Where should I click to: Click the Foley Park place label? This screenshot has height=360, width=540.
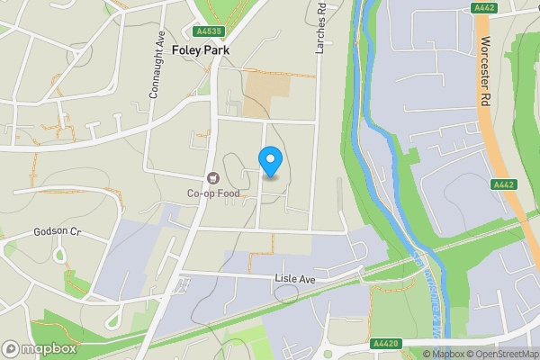pyautogui.click(x=200, y=51)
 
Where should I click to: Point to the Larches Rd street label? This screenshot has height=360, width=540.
pyautogui.click(x=319, y=28)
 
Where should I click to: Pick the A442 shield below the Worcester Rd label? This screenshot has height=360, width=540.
pyautogui.click(x=503, y=184)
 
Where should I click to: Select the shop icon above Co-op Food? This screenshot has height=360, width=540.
pyautogui.click(x=213, y=178)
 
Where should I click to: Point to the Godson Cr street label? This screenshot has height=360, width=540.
pyautogui.click(x=58, y=231)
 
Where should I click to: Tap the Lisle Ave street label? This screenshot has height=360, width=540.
pyautogui.click(x=298, y=279)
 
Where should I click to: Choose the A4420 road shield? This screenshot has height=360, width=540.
pyautogui.click(x=384, y=343)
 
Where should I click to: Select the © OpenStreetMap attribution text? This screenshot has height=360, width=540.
pyautogui.click(x=501, y=354)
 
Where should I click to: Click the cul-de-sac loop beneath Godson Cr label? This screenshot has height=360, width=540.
pyautogui.click(x=61, y=254)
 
